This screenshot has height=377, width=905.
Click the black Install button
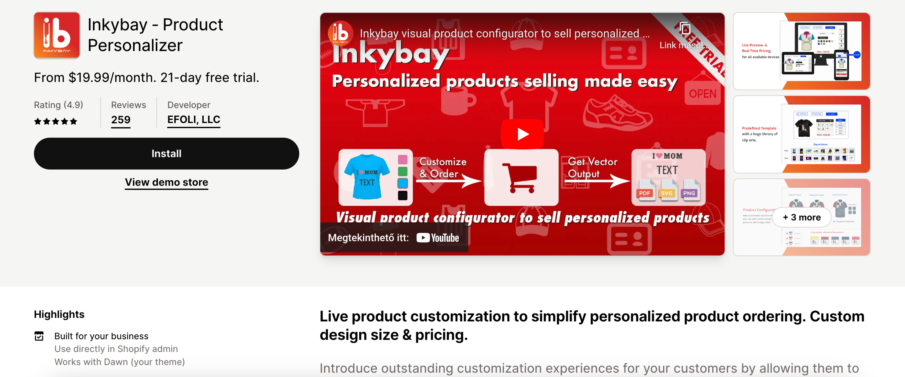(166, 154)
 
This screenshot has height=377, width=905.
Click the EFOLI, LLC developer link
(193, 120)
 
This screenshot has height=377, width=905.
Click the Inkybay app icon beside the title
(57, 36)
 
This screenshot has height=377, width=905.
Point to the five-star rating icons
(56, 122)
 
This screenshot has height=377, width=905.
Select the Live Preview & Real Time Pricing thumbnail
(801, 51)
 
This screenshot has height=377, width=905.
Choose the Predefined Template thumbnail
(801, 134)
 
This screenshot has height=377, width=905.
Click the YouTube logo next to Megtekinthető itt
(438, 238)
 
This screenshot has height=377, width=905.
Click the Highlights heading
(59, 314)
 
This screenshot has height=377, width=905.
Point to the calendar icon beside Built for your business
(39, 336)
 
